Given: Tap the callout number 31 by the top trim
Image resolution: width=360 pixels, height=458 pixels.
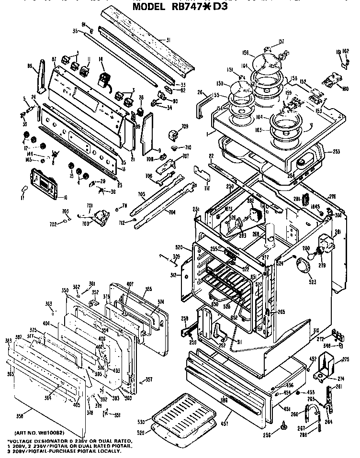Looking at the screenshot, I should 168,40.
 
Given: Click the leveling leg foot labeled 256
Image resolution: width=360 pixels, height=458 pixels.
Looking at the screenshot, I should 284,423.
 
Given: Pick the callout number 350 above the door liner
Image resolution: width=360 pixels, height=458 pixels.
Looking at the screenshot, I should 66,291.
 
